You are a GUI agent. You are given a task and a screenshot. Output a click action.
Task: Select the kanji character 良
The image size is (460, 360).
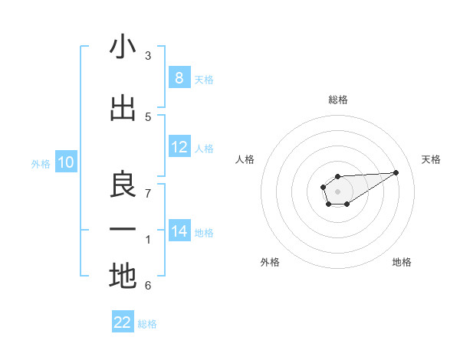point(123,183)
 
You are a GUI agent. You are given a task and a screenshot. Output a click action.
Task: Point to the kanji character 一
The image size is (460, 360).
point(123,230)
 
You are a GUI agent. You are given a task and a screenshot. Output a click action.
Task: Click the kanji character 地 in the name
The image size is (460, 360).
point(123,276)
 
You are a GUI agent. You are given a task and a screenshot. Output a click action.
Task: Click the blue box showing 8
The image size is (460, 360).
point(179,77)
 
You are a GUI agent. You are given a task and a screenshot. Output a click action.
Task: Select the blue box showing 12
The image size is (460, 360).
point(179,147)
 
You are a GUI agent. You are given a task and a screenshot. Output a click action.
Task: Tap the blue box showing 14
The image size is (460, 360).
point(179,231)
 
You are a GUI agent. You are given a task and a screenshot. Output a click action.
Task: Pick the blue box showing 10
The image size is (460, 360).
point(66,162)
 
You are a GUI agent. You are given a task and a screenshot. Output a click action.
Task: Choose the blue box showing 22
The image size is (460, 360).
point(123,322)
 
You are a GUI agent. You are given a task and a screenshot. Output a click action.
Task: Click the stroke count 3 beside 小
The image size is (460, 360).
point(148,56)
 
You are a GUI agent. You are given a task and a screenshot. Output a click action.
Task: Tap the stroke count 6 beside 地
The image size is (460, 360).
point(148,286)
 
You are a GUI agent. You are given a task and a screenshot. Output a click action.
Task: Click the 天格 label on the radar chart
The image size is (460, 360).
point(431,159)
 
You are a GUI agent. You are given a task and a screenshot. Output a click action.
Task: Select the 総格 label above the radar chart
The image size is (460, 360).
point(337,100)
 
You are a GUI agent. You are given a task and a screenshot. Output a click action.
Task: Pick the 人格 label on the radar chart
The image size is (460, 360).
point(245,159)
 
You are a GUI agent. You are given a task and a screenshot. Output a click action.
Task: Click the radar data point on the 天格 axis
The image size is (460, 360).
point(396,172)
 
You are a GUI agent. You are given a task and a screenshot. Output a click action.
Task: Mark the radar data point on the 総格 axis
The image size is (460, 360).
point(337,176)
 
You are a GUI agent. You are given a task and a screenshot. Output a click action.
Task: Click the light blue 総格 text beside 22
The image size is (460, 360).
point(147,324)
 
